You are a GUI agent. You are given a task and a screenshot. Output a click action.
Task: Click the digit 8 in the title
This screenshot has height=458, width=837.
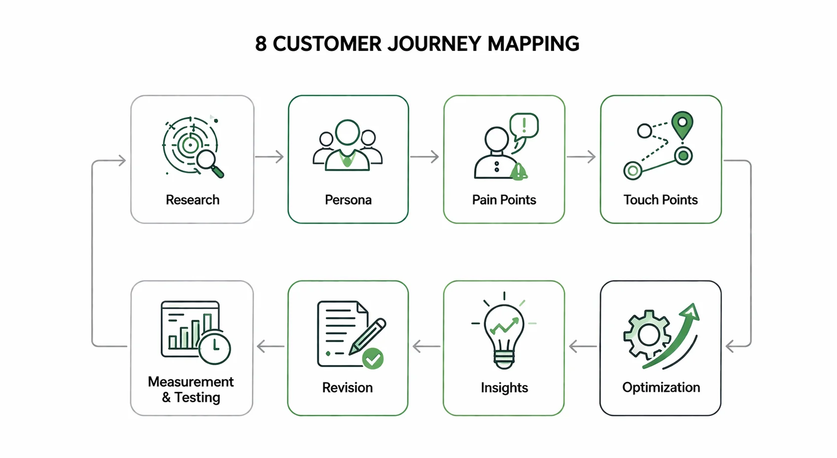pos(261,44)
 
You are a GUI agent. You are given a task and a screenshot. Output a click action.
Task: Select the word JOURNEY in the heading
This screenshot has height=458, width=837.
pos(434,44)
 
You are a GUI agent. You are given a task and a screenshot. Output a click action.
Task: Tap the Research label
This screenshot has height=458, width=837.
pos(193,200)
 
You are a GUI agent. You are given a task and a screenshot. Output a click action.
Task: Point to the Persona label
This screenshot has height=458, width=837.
pos(348,200)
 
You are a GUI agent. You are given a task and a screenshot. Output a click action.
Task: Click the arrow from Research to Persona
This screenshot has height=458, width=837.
pos(270,157)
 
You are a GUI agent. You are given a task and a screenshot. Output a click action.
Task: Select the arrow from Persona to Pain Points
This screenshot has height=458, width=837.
pos(425,157)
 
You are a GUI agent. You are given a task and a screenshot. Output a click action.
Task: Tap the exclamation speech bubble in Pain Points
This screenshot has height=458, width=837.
pos(524,125)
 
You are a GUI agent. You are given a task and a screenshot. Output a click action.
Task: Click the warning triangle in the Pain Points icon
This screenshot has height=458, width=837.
pos(518,171)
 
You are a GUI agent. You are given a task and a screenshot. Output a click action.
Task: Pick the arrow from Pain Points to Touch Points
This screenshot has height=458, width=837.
pos(581,157)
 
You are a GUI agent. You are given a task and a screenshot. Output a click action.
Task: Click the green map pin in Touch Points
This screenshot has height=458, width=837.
pos(682,124)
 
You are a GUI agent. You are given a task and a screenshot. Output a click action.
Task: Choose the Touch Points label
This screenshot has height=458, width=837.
pos(661,200)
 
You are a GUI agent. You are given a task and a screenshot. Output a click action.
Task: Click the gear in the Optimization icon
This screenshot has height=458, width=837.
pos(647,336)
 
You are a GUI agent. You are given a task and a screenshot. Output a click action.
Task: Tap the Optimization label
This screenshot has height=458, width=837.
pos(661,387)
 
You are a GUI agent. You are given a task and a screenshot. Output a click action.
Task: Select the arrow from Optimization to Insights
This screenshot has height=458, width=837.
pos(583,346)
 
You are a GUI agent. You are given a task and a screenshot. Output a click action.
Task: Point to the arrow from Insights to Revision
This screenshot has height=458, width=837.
pos(426,346)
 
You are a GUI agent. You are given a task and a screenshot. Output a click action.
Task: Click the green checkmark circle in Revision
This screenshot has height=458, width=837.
pos(373,359)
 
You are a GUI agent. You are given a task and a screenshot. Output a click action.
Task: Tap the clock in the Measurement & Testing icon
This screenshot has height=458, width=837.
pos(215,348)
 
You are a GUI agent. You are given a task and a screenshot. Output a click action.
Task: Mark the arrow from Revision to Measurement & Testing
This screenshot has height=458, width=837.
pos(271,346)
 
